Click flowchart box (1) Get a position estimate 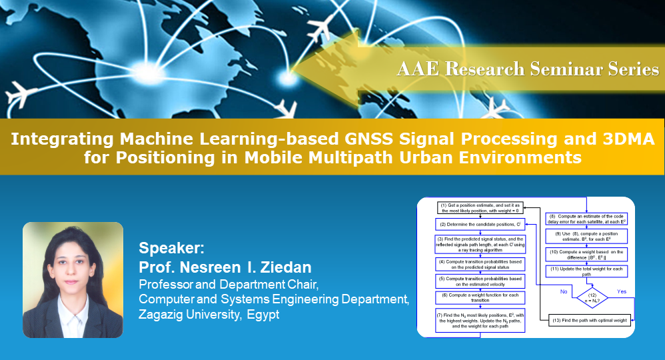click(x=480, y=207)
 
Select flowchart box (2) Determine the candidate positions click(x=480, y=225)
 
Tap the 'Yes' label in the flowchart click(x=622, y=291)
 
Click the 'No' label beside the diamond click(x=564, y=291)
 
